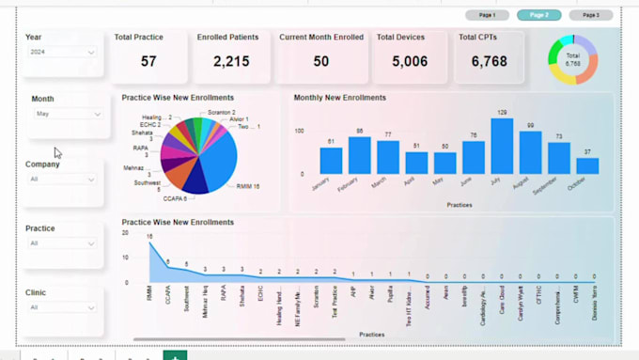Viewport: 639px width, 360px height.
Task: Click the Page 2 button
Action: (x=539, y=15)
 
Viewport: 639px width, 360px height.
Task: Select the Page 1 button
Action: (x=488, y=15)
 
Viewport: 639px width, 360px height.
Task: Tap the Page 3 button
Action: (x=591, y=15)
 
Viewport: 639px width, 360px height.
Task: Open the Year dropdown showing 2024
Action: (x=61, y=53)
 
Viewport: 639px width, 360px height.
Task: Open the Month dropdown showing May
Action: (x=69, y=114)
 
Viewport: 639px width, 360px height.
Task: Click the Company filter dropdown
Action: (x=61, y=179)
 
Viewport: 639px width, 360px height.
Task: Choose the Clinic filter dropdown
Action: (x=61, y=307)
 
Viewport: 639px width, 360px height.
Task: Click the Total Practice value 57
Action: (x=148, y=61)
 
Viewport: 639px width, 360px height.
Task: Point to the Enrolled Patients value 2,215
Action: (x=231, y=61)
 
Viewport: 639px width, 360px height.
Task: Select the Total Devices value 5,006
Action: (x=410, y=61)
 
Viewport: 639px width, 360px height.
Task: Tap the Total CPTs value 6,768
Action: (x=490, y=61)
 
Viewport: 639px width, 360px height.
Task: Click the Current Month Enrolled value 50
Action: (x=321, y=61)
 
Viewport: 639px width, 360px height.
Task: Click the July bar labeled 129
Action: (x=503, y=146)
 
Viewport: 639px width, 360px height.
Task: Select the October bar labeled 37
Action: (x=587, y=165)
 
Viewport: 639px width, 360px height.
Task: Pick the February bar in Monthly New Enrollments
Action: (x=360, y=155)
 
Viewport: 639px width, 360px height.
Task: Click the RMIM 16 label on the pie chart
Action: (x=248, y=186)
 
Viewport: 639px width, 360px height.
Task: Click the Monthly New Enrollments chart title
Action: (x=339, y=98)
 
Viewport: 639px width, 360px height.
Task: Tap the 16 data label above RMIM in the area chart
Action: (x=149, y=236)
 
